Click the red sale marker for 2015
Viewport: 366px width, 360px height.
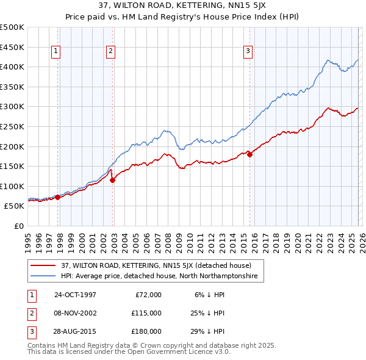click(250, 154)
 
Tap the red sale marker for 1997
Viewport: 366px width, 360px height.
click(58, 197)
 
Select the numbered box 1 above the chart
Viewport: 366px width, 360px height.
click(56, 52)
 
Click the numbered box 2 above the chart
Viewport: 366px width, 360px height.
click(110, 52)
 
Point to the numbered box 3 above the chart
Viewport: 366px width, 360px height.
click(248, 52)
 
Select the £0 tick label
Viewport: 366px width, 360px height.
click(18, 226)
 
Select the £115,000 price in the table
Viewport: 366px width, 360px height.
click(146, 313)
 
